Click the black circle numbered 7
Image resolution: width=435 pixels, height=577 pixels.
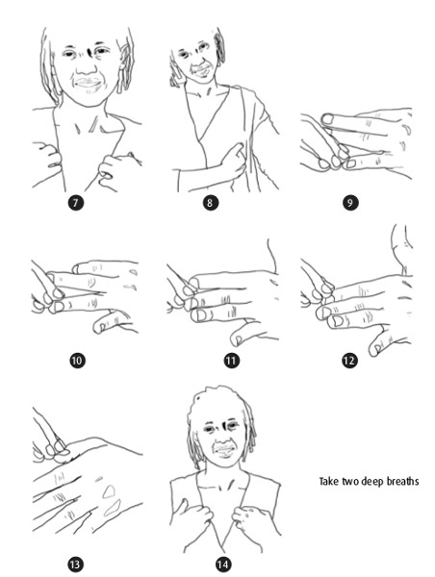click(75, 203)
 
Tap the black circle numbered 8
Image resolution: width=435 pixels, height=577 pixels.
click(211, 203)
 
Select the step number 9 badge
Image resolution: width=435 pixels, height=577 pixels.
click(350, 203)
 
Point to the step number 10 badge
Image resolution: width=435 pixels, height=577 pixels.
click(77, 361)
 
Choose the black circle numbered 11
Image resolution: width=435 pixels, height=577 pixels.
click(231, 361)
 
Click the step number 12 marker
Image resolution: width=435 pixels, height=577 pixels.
click(349, 361)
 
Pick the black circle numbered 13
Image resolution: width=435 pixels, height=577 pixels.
click(75, 564)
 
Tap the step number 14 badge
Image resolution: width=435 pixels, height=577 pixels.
click(223, 564)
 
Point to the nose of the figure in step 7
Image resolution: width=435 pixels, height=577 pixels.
click(87, 66)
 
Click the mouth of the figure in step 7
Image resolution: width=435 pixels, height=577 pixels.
click(88, 85)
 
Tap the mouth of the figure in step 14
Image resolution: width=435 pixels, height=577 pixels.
click(224, 450)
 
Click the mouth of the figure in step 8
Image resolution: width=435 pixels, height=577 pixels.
click(200, 70)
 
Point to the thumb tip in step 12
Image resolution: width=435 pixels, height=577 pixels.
click(373, 349)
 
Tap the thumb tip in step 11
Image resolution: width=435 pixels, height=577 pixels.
click(236, 339)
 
